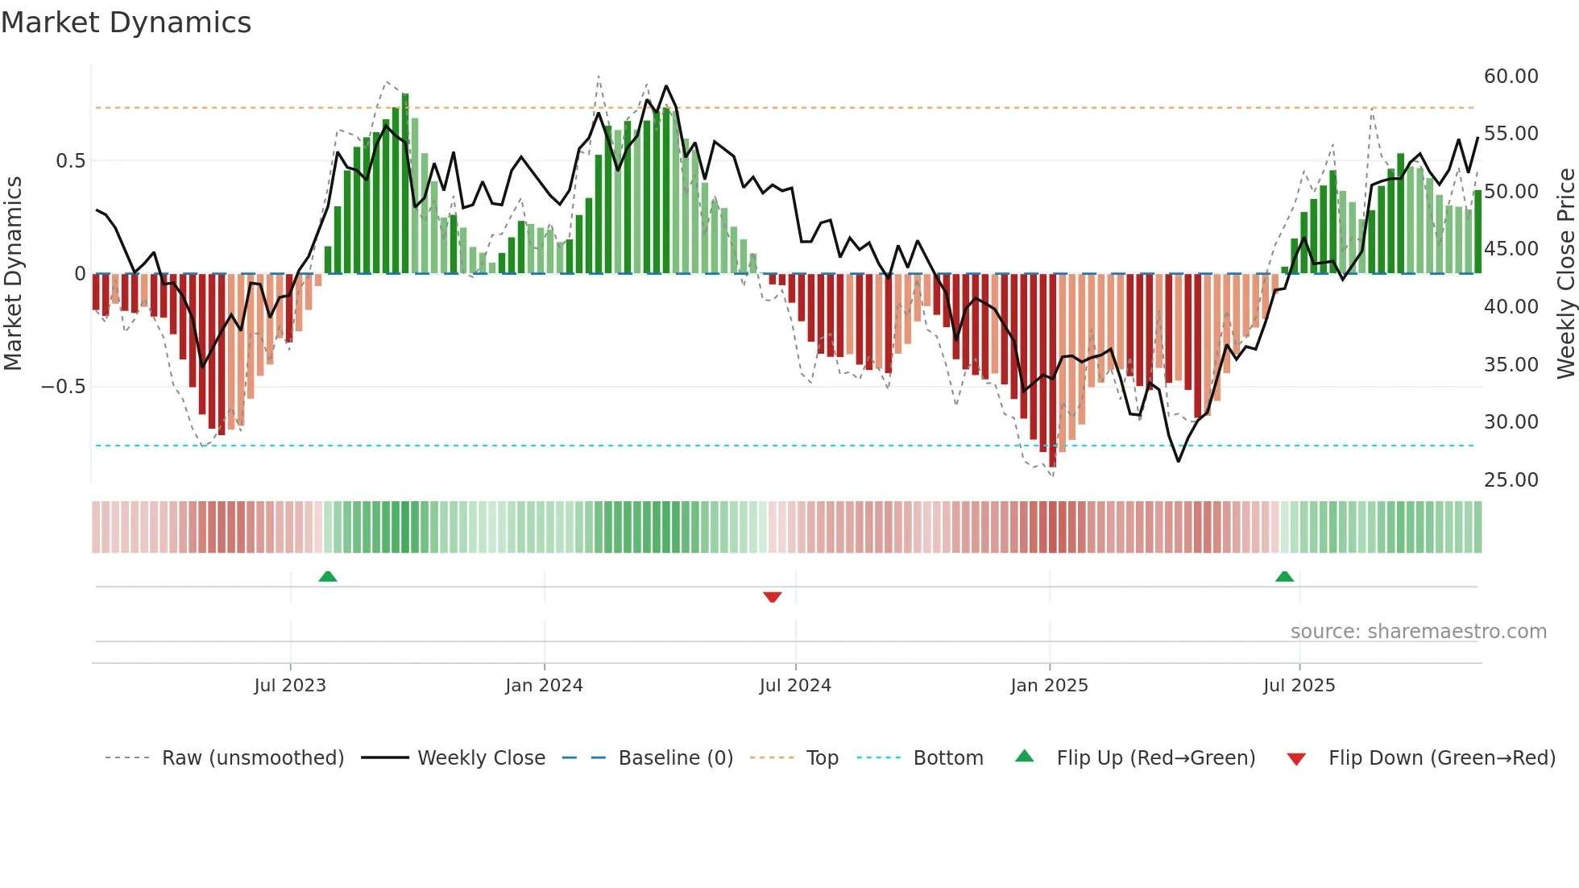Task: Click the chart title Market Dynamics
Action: click(x=126, y=23)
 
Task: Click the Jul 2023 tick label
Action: click(x=290, y=686)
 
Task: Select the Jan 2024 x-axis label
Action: click(x=544, y=686)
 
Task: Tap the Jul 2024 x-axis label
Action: click(x=795, y=686)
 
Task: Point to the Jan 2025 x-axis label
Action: click(x=1049, y=686)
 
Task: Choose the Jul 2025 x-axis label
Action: click(x=1299, y=686)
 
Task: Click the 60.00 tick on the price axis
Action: click(x=1511, y=77)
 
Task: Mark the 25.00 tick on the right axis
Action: click(x=1511, y=480)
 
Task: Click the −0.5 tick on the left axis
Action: click(x=63, y=387)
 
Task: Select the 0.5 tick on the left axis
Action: click(x=70, y=161)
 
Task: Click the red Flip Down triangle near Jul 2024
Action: click(x=773, y=597)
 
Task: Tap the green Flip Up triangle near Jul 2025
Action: click(x=1284, y=576)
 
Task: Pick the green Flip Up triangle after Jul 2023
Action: click(x=327, y=576)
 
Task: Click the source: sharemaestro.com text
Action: click(x=1418, y=632)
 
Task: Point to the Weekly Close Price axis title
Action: click(x=1565, y=274)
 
